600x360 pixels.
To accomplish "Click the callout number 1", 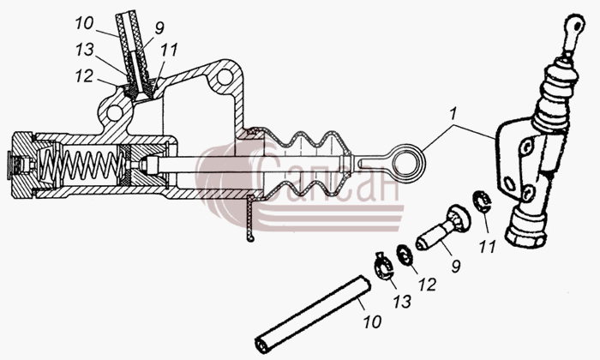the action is click(453, 115).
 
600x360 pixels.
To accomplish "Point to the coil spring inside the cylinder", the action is click(81, 165).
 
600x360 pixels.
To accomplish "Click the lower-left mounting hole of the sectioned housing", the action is click(114, 112).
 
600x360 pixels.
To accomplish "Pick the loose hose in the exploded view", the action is click(313, 314).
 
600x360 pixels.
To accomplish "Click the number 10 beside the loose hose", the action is click(371, 321).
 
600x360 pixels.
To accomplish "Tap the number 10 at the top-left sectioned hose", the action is click(84, 23).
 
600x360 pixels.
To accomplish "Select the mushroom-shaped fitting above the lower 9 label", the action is click(443, 228).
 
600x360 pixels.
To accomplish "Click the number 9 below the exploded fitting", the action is click(455, 267).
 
